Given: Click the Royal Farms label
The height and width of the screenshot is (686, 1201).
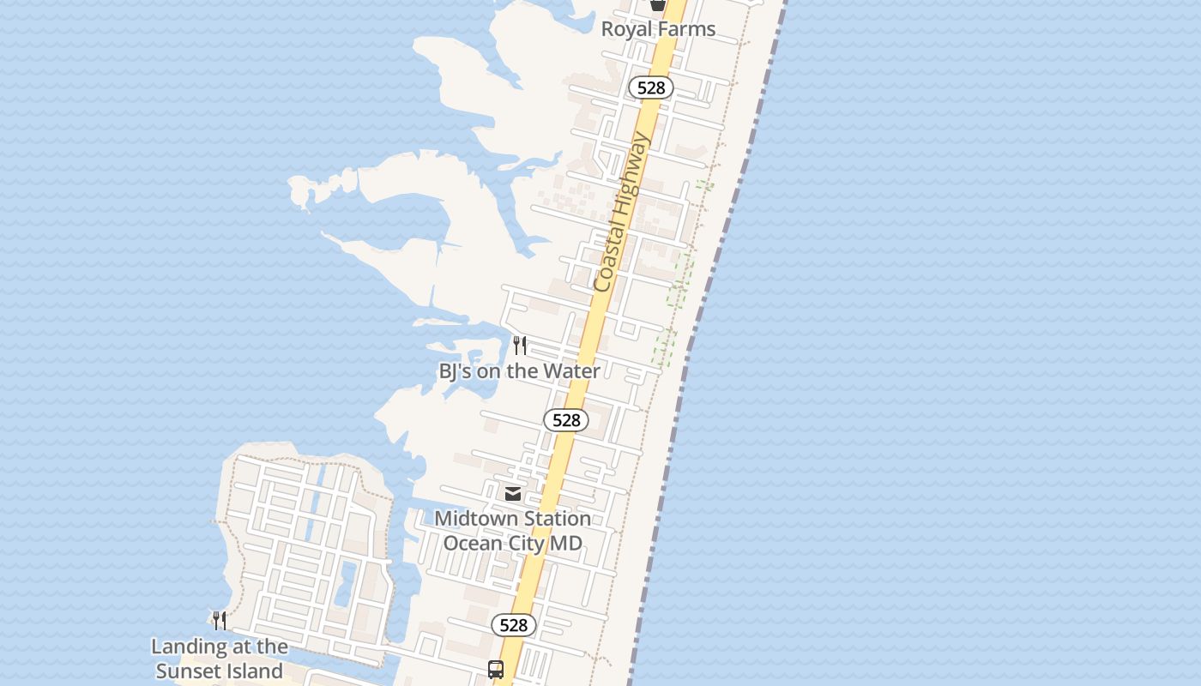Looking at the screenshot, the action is pyautogui.click(x=658, y=29).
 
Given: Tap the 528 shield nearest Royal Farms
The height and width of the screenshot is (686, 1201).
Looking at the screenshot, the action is pyautogui.click(x=651, y=87).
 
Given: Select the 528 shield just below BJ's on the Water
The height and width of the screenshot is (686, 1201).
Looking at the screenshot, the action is pyautogui.click(x=566, y=420).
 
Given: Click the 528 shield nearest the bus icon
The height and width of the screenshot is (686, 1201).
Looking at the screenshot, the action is pyautogui.click(x=514, y=625).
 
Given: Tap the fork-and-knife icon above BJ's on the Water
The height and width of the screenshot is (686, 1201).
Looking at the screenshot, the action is pyautogui.click(x=519, y=346).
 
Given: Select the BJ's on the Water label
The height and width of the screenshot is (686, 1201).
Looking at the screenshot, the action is pyautogui.click(x=519, y=371).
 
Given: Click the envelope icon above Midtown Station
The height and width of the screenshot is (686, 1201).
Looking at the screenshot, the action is pyautogui.click(x=513, y=493).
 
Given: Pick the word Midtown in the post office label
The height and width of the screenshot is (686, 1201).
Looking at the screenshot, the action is pyautogui.click(x=470, y=519).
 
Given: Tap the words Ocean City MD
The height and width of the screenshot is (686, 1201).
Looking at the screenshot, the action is pyautogui.click(x=512, y=543).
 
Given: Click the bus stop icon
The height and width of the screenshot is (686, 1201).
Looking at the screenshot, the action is pyautogui.click(x=496, y=669).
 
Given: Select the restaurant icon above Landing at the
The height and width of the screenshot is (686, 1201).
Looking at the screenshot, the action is pyautogui.click(x=220, y=621).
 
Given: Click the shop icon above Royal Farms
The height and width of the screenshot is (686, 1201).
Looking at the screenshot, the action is pyautogui.click(x=658, y=4).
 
